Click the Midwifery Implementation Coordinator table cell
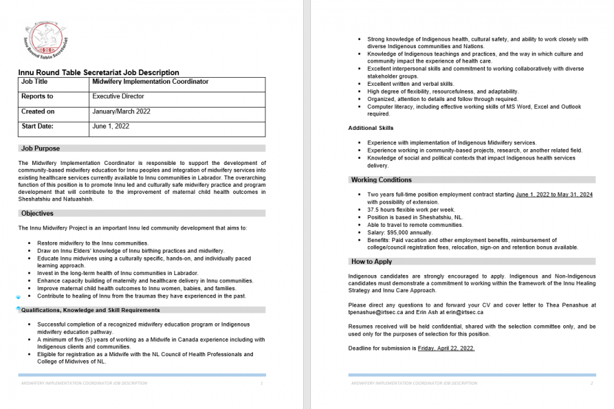pyautogui.click(x=151, y=82)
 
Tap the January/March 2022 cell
pyautogui.click(x=121, y=111)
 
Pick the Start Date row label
pyautogui.click(x=37, y=126)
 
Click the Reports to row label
pyautogui.click(x=37, y=96)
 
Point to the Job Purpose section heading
pyautogui.click(x=40, y=148)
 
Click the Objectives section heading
pyautogui.click(x=37, y=213)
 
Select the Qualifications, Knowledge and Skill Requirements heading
pyautogui.click(x=90, y=309)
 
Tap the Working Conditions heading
pyautogui.click(x=381, y=179)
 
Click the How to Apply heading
pyautogui.click(x=372, y=261)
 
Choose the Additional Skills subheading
pyautogui.click(x=370, y=128)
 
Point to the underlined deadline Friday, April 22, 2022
pyautogui.click(x=446, y=348)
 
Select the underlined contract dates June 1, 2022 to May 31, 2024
pyautogui.click(x=554, y=195)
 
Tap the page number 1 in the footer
pyautogui.click(x=262, y=383)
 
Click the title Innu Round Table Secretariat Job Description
pyautogui.click(x=98, y=73)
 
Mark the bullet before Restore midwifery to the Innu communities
pyautogui.click(x=30, y=243)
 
